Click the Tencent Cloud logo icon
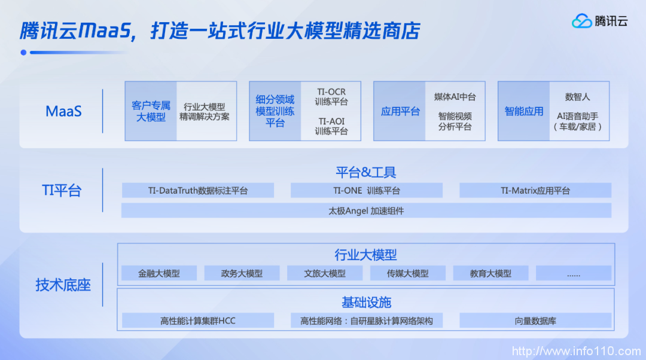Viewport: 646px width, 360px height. tap(581, 21)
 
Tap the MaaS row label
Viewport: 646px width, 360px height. tap(63, 111)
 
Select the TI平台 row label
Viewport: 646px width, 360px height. tap(62, 191)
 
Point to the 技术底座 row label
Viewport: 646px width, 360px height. tap(63, 285)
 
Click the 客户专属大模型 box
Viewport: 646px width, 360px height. tap(151, 111)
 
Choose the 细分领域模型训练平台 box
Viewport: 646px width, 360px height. tap(275, 111)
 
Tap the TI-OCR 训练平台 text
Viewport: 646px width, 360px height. tap(331, 97)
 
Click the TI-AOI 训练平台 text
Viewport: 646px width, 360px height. tap(331, 126)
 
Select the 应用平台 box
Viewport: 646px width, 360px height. tap(400, 111)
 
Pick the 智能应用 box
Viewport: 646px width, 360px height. tap(524, 111)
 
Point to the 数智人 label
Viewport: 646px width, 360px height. tap(577, 97)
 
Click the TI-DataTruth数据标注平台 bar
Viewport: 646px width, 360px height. tap(198, 191)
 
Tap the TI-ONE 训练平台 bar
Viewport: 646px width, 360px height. tap(367, 191)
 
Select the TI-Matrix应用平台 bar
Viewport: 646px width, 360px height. tap(535, 191)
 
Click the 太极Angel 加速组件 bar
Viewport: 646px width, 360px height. tap(366, 210)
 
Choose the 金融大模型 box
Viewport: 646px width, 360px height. tap(159, 273)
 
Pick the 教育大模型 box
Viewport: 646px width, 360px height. tap(490, 273)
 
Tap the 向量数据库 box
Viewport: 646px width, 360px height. tap(535, 321)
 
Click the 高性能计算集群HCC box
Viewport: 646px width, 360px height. tap(198, 321)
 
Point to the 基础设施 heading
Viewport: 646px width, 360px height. tap(366, 302)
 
